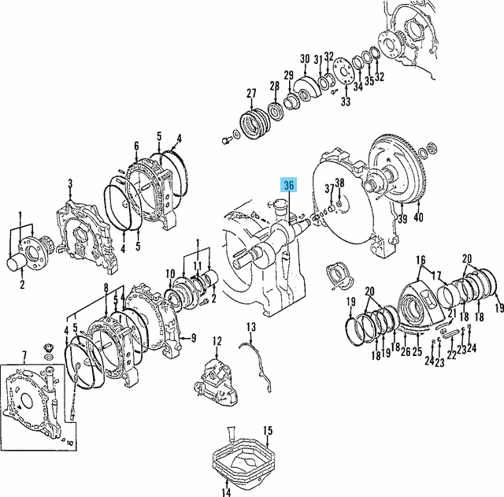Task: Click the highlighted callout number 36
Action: point(289,185)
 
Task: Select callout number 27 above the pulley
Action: point(251,93)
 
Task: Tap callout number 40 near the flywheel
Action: point(418,217)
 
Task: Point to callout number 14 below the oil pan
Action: point(226,491)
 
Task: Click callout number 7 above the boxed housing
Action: point(24,355)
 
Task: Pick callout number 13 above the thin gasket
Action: point(251,327)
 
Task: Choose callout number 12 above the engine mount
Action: point(217,341)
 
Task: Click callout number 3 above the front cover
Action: point(70,184)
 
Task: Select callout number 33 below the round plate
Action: point(346,102)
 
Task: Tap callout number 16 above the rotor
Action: point(421,260)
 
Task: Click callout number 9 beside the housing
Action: point(194,338)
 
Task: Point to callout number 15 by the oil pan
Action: point(268,431)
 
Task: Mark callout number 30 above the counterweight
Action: point(305,59)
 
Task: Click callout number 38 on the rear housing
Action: point(339,183)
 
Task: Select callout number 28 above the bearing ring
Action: point(275,86)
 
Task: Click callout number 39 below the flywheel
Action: point(402,219)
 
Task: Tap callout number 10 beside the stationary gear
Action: point(170,274)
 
